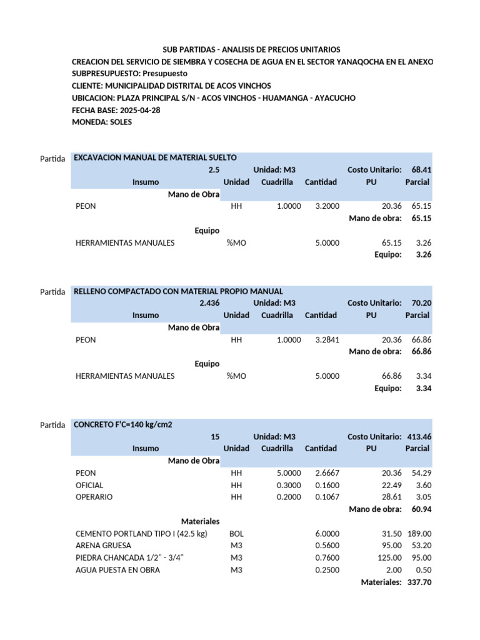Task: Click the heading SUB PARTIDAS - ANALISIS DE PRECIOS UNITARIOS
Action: [252, 49]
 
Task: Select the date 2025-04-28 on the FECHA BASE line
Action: [140, 110]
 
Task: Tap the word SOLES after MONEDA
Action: [121, 122]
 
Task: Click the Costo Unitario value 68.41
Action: [421, 170]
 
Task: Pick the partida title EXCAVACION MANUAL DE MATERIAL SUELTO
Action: [155, 157]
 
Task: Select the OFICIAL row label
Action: [89, 485]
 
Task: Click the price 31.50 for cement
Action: [391, 533]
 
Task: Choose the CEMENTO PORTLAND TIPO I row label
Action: [141, 533]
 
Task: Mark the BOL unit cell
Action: [236, 533]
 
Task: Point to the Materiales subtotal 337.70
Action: [419, 582]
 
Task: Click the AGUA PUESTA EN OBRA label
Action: [117, 570]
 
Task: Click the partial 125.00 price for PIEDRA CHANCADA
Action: [389, 557]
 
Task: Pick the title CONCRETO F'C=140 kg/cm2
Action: [123, 424]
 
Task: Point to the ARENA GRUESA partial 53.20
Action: [421, 545]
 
